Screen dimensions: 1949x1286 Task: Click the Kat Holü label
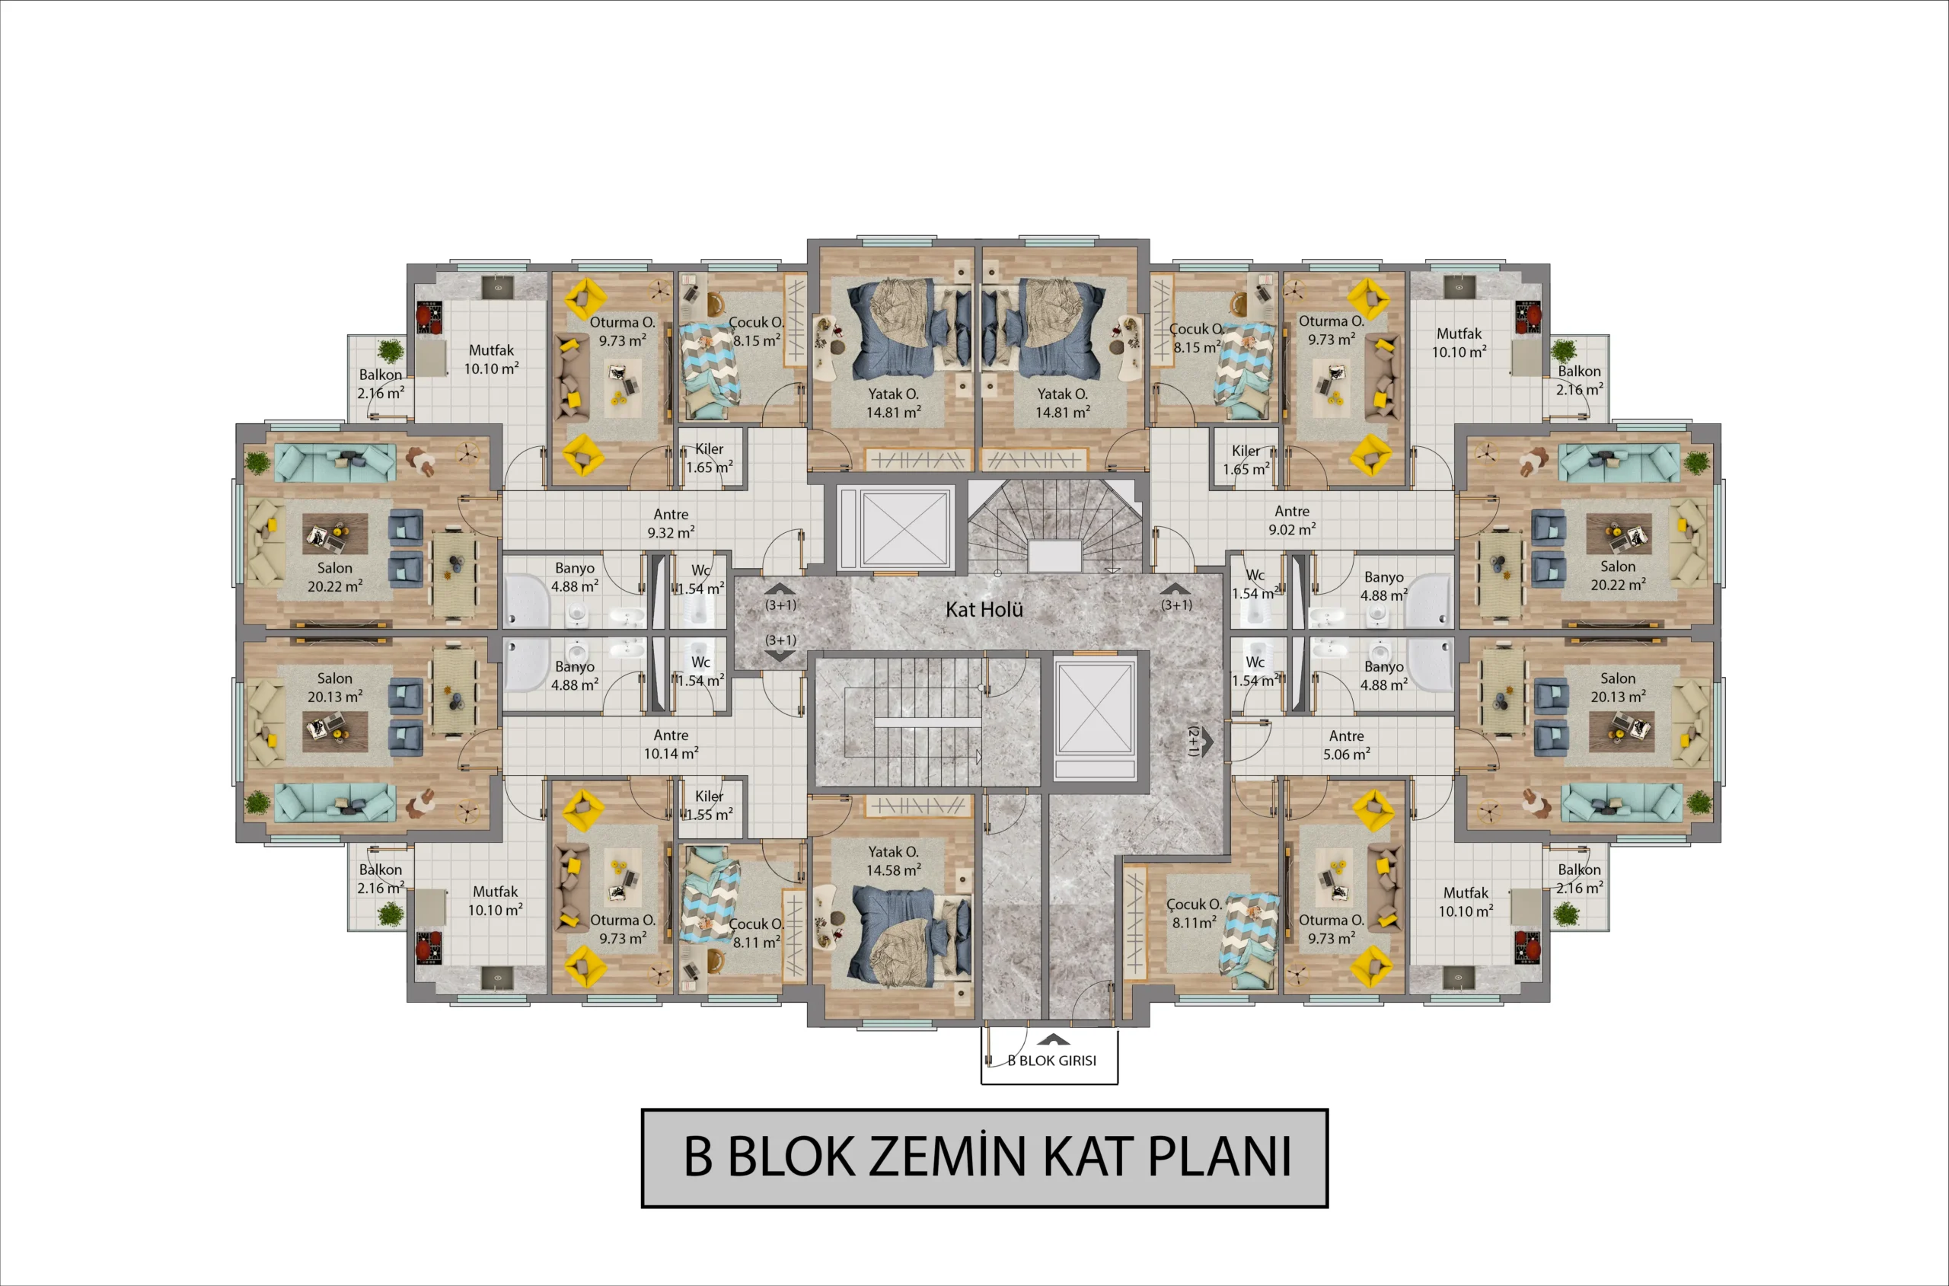[x=984, y=609]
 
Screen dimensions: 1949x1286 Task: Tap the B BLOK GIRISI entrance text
[x=1052, y=1061]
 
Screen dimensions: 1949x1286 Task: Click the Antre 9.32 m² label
[x=671, y=523]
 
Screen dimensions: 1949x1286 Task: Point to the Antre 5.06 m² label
[x=1346, y=745]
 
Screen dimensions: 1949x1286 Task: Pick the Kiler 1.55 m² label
[x=710, y=806]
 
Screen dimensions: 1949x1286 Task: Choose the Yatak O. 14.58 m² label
[x=894, y=861]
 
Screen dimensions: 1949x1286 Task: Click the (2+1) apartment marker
[x=1194, y=741]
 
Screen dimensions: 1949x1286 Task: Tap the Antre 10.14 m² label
[x=671, y=745]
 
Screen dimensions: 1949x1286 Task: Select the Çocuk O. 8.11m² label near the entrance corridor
[x=1195, y=914]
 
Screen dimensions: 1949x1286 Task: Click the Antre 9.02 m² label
[x=1292, y=520]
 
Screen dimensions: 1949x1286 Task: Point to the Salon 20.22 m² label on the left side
[x=334, y=576]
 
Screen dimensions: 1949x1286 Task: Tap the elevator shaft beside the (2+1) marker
[x=1096, y=719]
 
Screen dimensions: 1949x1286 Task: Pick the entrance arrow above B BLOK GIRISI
[x=1053, y=1040]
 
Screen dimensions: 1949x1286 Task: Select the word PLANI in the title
[x=1219, y=1157]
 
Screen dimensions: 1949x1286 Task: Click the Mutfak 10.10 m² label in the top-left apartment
[x=491, y=359]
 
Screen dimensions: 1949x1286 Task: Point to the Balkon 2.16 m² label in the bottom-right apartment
[x=1579, y=879]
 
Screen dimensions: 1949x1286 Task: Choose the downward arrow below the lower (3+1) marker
[x=779, y=656]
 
